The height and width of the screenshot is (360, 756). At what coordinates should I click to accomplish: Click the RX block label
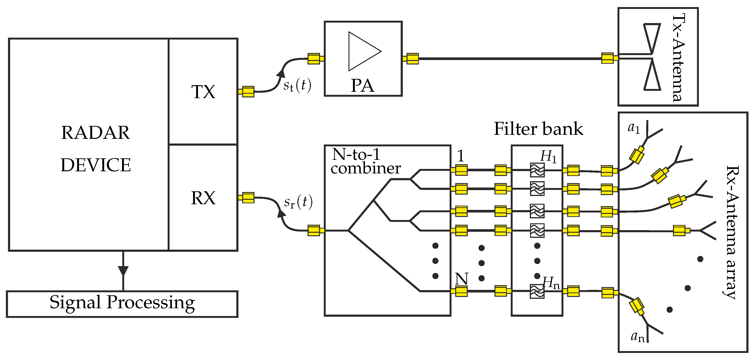click(203, 198)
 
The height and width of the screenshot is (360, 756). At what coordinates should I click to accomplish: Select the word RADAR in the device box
click(95, 133)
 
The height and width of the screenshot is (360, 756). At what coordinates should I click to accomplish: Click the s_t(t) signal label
click(297, 85)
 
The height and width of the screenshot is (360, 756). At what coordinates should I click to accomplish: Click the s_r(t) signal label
click(298, 202)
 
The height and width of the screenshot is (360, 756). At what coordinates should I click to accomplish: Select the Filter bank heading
click(538, 129)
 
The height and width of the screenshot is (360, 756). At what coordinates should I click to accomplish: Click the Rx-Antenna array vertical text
click(732, 232)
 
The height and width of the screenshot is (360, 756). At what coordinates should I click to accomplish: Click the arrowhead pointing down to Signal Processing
click(123, 270)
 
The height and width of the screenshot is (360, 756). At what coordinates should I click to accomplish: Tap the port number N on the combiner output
click(461, 278)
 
